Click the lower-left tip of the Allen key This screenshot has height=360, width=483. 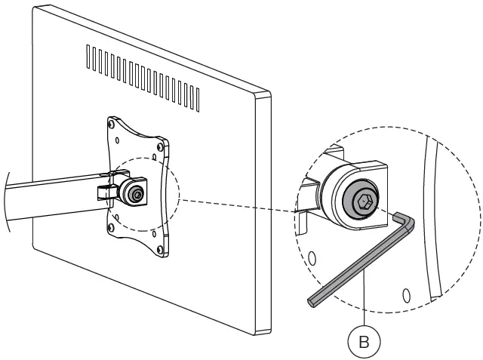point(312,302)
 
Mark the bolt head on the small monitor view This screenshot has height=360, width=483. point(137,194)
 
